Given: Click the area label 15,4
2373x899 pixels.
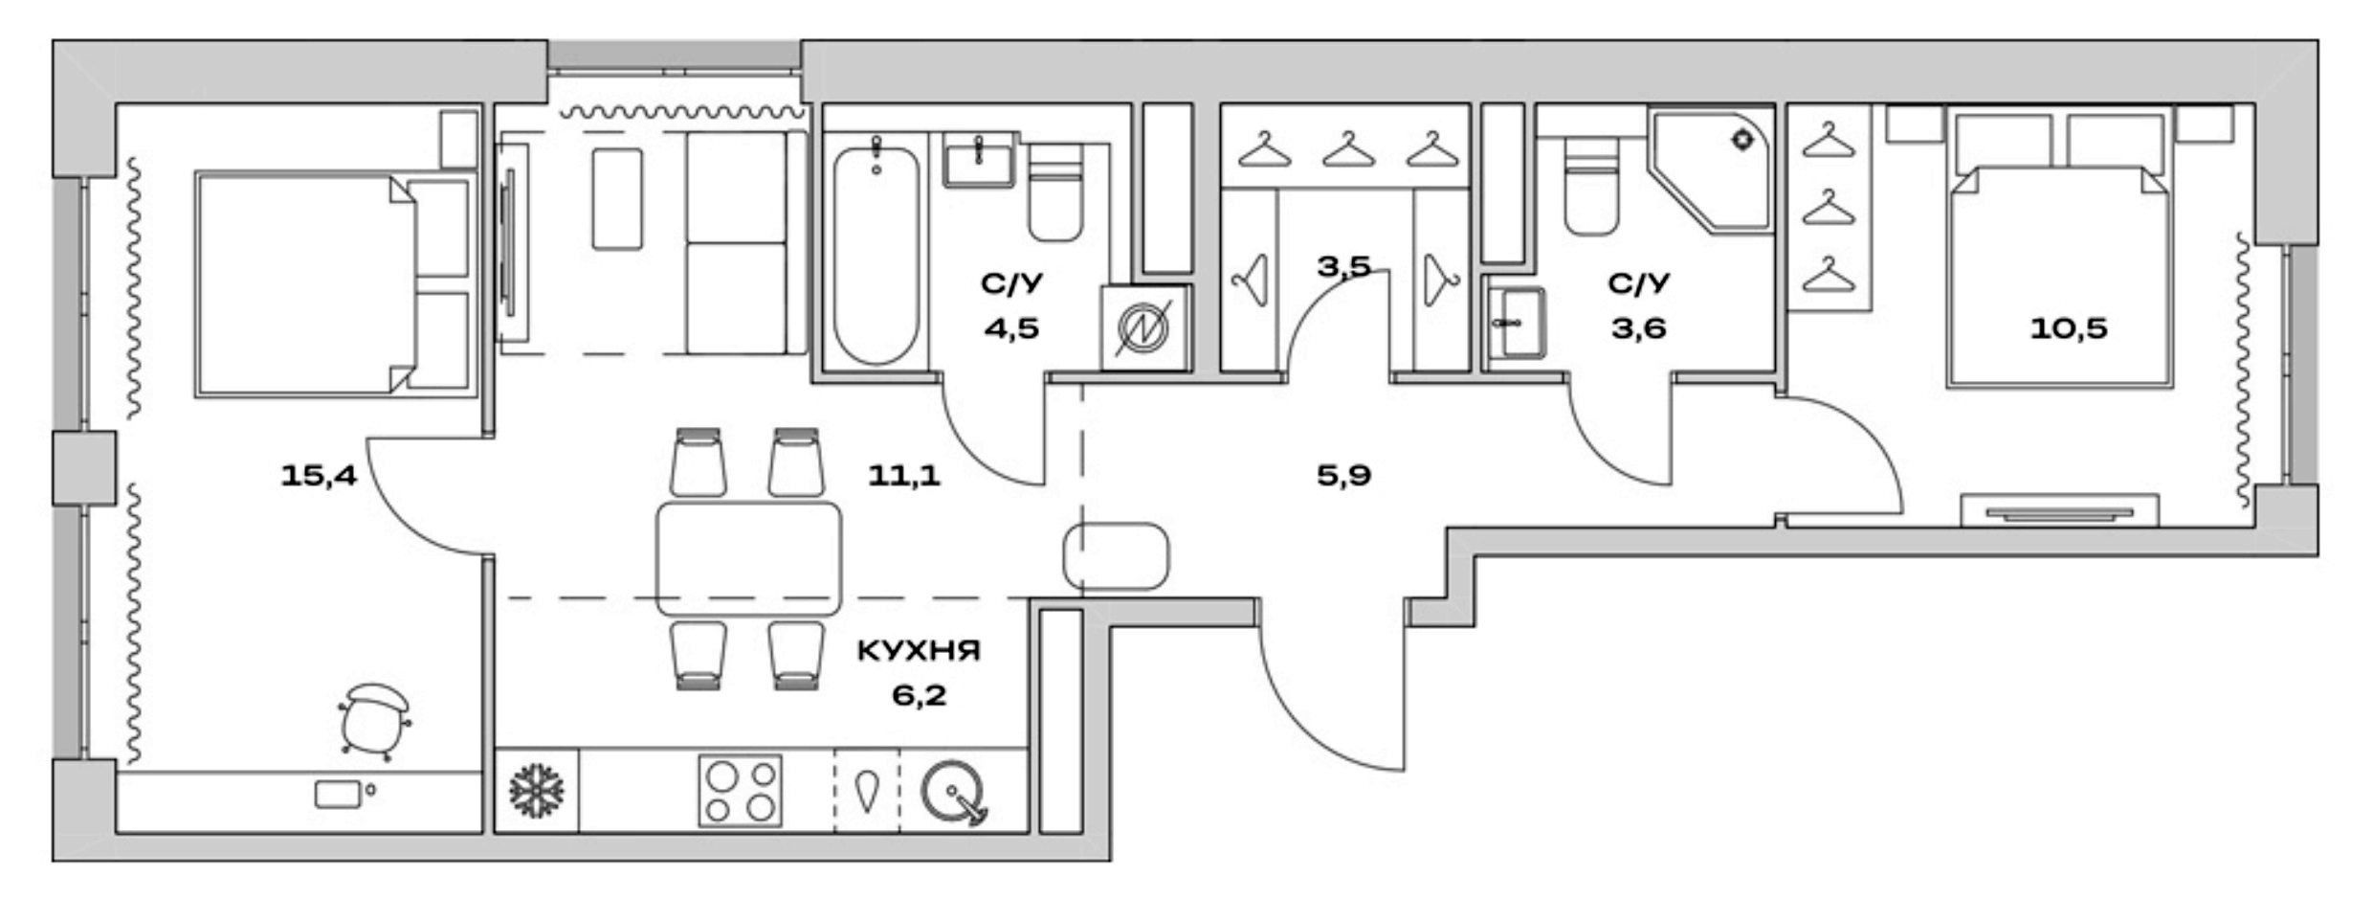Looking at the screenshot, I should pos(318,475).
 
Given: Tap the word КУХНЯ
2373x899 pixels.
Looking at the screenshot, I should pos(918,652).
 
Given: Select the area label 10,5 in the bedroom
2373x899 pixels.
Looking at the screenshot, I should pos(2069,328).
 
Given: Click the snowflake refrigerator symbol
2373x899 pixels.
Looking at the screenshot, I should pos(536,791).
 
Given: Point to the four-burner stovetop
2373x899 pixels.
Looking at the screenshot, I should pos(740,791).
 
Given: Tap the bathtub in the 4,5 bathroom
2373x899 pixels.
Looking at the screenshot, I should pos(876,254).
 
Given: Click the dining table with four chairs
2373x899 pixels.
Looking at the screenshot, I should pos(748,559).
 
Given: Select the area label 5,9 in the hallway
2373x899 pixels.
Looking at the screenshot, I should pos(1343,475).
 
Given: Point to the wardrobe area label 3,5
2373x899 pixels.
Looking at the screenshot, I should pos(1343,266).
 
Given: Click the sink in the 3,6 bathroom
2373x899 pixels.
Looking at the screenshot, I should pos(1516,324).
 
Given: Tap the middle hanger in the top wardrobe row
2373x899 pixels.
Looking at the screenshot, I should pos(1348,149).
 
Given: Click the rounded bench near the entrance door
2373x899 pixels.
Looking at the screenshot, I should pos(1116,556).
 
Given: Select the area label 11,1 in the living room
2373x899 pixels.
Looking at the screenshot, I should pos(903,475).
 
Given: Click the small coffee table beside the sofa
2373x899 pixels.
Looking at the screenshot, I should pos(617,198).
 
